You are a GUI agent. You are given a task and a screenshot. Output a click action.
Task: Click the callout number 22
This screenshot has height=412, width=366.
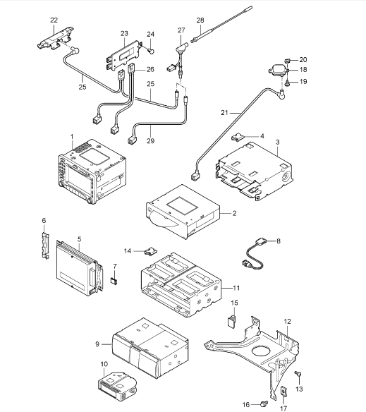54,20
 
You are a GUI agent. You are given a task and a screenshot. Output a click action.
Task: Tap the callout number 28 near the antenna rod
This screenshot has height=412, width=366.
200,20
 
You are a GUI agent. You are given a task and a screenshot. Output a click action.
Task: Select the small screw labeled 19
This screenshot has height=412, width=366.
287,83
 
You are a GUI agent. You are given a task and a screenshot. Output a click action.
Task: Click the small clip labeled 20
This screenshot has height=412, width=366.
287,61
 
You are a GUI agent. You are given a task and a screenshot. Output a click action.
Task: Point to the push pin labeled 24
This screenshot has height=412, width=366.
151,51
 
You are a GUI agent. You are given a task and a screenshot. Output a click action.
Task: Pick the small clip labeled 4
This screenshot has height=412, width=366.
238,138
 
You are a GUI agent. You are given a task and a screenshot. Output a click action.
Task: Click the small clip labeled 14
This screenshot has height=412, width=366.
151,251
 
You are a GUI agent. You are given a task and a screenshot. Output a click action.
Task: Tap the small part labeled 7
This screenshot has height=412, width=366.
114,281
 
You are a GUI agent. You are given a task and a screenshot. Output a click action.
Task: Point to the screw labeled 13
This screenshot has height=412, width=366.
298,374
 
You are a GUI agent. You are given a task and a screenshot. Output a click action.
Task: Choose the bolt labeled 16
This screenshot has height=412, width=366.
264,403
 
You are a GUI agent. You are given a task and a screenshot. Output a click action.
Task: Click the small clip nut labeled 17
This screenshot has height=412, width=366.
284,392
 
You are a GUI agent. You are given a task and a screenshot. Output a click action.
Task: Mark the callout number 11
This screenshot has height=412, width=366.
236,288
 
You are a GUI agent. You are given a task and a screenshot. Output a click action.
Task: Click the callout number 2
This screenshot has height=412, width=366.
234,213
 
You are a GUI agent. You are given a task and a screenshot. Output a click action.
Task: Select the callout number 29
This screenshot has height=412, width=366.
150,141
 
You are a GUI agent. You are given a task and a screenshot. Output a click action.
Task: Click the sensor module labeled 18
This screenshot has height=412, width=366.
279,70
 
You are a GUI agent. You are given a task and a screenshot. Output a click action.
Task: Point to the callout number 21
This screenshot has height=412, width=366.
224,113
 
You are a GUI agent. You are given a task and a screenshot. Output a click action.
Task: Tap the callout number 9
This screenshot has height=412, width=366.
97,344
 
